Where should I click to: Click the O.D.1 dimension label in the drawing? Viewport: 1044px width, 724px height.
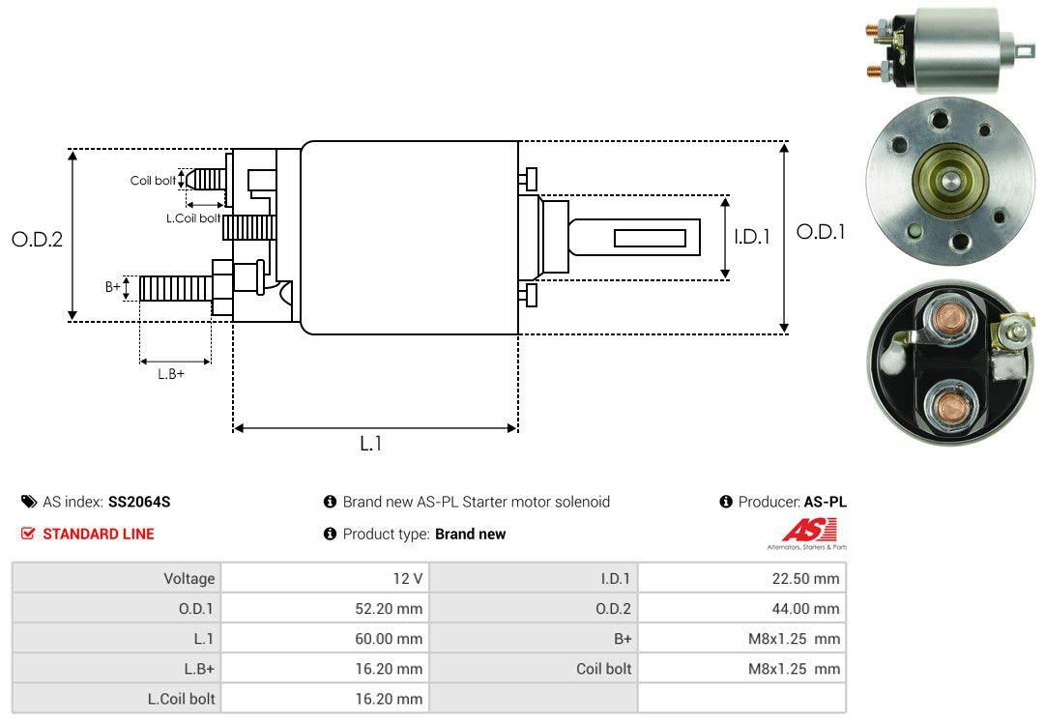pos(821,232)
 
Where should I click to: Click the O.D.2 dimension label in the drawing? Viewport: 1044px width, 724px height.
pos(38,239)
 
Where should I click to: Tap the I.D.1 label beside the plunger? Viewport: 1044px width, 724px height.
pos(752,237)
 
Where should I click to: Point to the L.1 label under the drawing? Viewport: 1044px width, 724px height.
pos(371,443)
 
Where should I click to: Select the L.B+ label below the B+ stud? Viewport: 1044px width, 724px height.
pos(171,374)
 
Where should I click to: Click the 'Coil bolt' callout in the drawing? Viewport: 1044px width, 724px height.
pos(153,181)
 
